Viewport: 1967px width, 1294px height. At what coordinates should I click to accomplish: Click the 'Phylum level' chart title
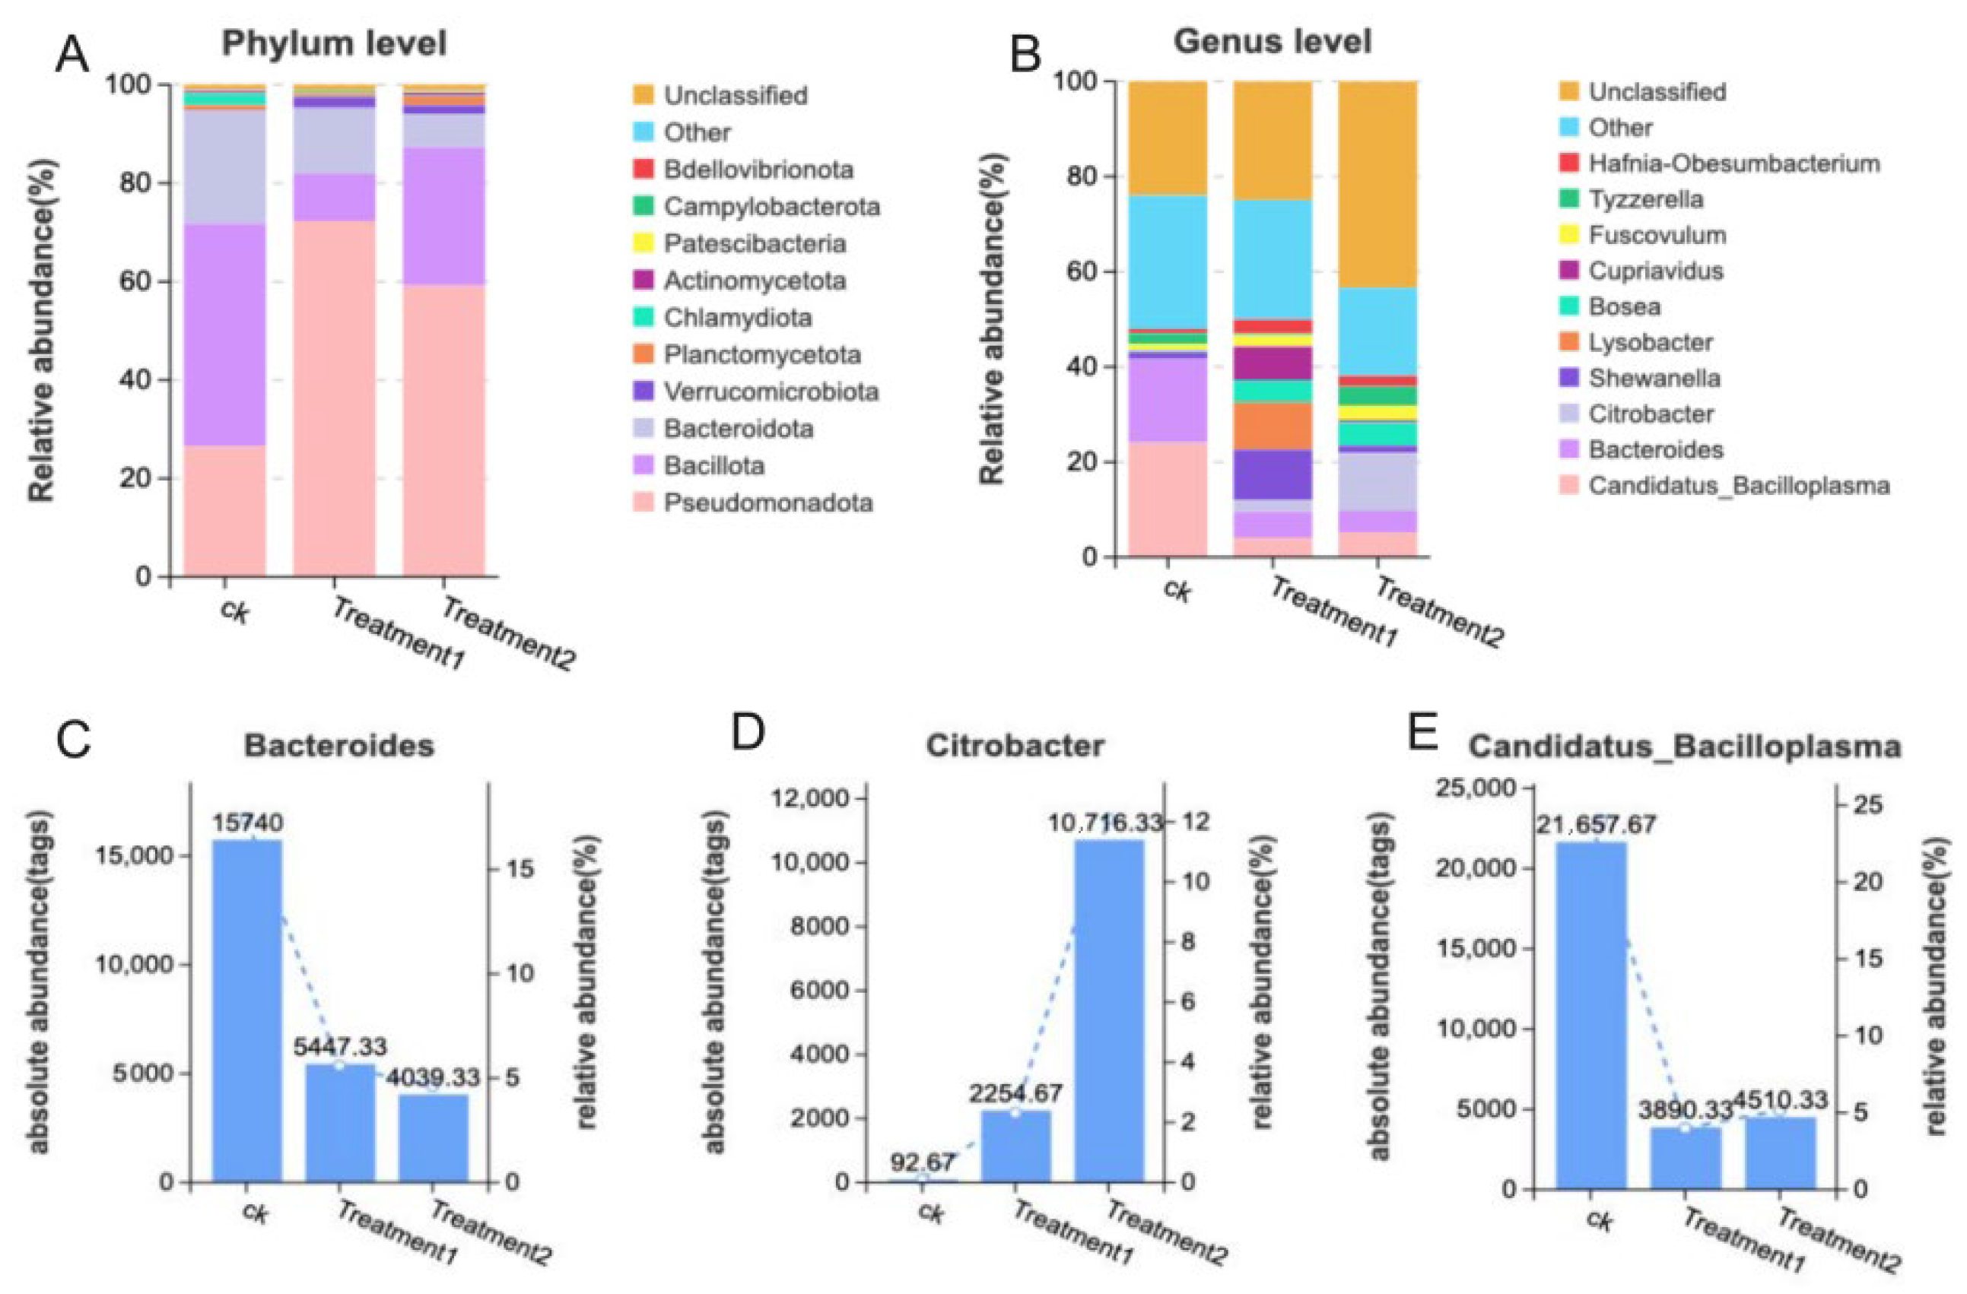(x=334, y=43)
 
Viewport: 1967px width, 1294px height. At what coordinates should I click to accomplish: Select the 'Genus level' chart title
(x=1273, y=40)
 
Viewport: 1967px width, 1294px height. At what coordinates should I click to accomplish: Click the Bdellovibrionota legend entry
(x=758, y=170)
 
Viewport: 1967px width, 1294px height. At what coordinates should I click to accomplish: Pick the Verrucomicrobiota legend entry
(x=771, y=392)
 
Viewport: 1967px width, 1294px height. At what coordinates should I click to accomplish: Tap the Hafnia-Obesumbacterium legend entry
(x=1733, y=163)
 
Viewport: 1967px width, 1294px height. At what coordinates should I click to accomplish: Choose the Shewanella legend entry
(x=1654, y=379)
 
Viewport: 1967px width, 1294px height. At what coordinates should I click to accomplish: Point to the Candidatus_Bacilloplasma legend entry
(x=1738, y=485)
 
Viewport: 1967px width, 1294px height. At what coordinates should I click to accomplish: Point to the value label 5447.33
(x=340, y=1046)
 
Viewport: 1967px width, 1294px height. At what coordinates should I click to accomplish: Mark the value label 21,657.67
(x=1596, y=824)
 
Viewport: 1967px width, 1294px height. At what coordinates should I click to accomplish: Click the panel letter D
(x=748, y=733)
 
